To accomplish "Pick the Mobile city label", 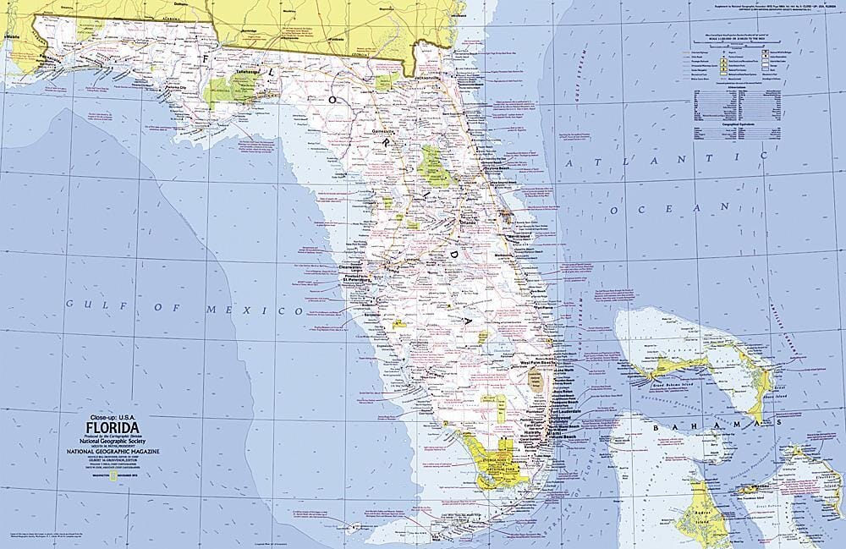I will point(11,38).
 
